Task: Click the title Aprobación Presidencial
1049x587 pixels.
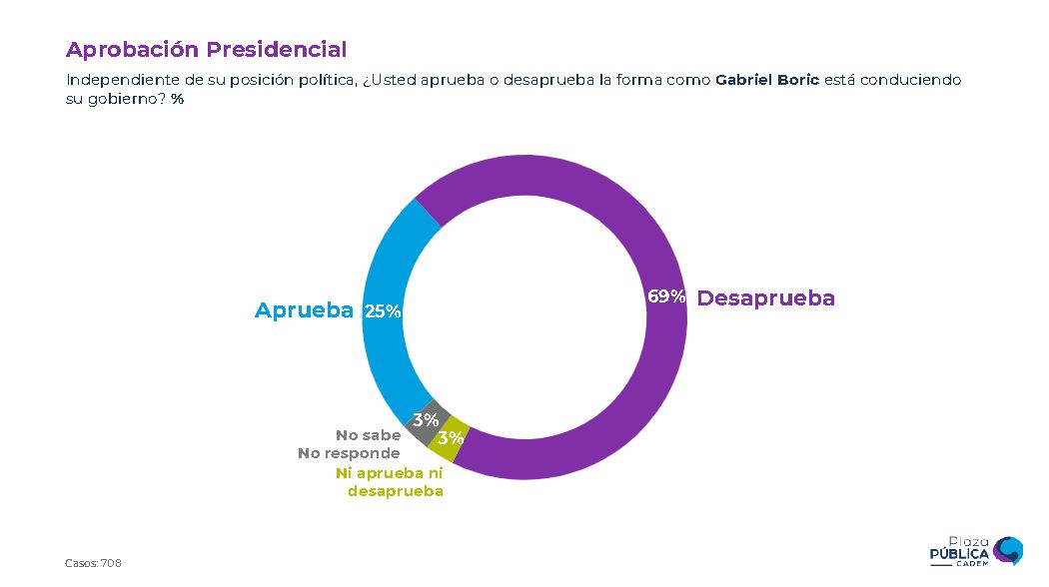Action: coord(206,50)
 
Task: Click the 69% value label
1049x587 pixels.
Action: coord(666,297)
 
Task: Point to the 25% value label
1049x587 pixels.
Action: coord(383,311)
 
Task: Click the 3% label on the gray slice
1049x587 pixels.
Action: coord(426,420)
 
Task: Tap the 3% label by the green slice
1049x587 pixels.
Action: coord(451,438)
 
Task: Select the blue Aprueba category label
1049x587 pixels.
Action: coord(304,310)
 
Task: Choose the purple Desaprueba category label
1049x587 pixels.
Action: coord(765,298)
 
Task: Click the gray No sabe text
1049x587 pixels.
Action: coord(368,435)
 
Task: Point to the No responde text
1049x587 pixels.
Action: coord(349,453)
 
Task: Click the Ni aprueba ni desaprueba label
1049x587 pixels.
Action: coord(390,482)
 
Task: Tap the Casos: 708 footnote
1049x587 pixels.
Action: coord(93,564)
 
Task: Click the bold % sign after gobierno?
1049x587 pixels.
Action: coord(177,99)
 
